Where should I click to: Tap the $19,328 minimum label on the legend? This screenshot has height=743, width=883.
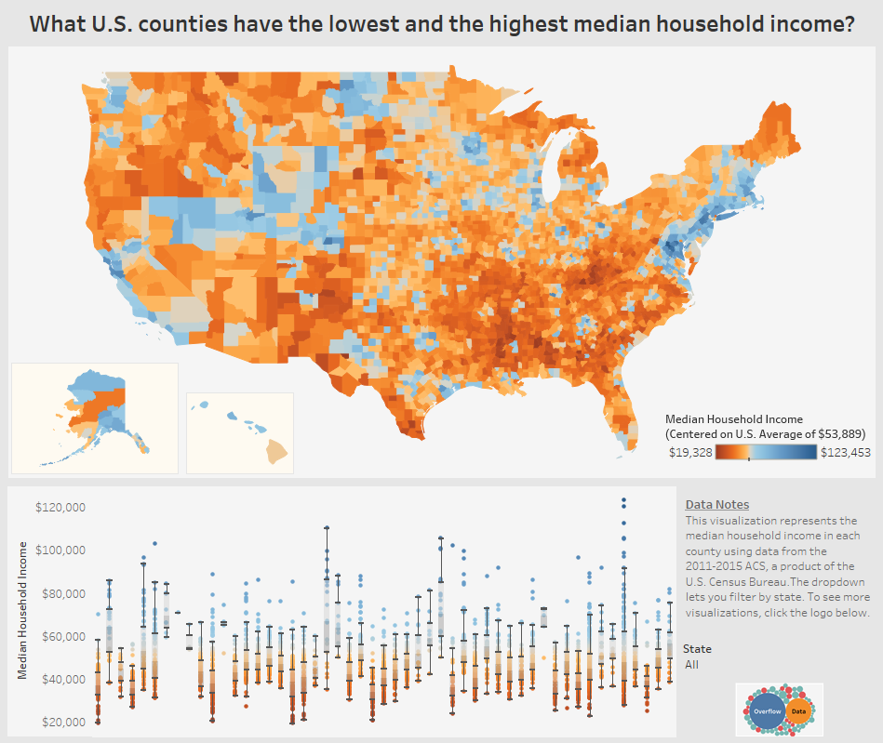click(x=691, y=453)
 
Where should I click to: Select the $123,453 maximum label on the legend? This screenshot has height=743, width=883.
click(x=845, y=453)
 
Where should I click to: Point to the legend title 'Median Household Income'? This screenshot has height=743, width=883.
click(x=734, y=419)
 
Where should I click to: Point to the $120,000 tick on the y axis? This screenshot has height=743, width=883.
click(x=60, y=508)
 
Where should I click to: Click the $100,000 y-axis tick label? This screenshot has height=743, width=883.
click(x=60, y=551)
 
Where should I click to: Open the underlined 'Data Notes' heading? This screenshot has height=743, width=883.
click(x=716, y=505)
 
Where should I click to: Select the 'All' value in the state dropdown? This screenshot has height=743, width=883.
click(x=691, y=665)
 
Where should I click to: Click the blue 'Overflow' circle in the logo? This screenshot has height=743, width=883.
click(x=768, y=710)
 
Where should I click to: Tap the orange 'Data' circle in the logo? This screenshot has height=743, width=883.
click(x=798, y=711)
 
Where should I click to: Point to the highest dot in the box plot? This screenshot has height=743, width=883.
click(x=623, y=500)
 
